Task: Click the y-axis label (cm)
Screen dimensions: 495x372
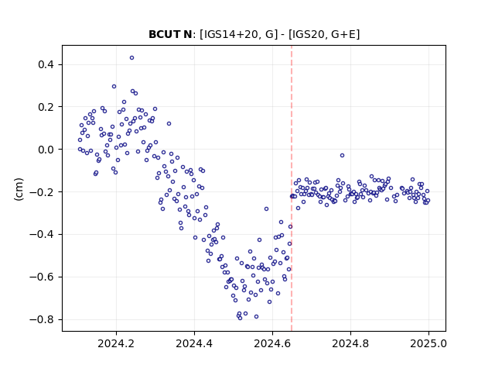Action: (x=19, y=189)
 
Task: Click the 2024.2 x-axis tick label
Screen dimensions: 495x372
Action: (x=116, y=343)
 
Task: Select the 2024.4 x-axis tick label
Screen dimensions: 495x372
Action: (x=194, y=343)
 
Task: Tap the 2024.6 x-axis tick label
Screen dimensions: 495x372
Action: (x=272, y=343)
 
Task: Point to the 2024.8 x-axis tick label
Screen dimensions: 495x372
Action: (x=350, y=343)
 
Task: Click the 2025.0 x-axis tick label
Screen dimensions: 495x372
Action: (x=428, y=343)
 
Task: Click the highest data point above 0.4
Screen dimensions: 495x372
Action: (x=131, y=57)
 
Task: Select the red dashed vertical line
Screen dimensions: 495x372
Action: (x=292, y=188)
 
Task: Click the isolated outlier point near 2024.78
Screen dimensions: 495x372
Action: (x=342, y=155)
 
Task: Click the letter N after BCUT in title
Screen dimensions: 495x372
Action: (x=187, y=34)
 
